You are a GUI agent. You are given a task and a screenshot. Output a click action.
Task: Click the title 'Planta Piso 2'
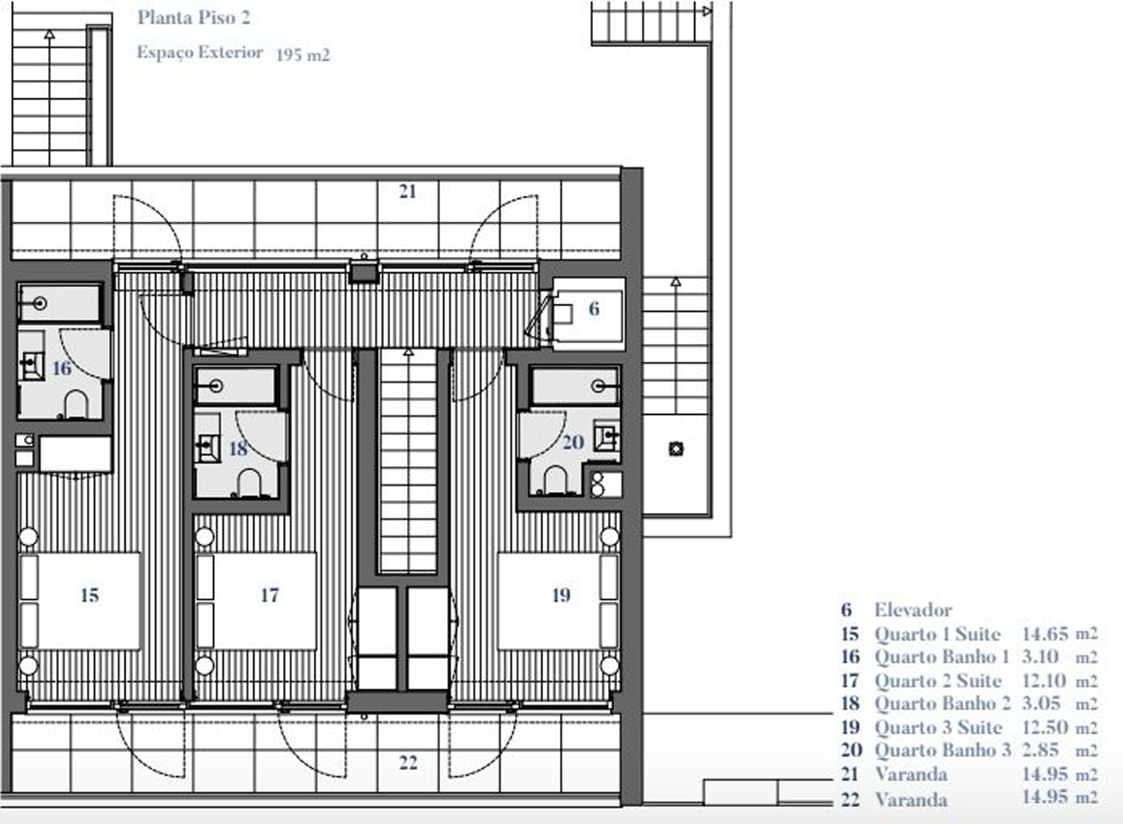[x=194, y=18]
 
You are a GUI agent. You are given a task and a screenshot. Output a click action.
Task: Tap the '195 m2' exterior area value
[x=303, y=54]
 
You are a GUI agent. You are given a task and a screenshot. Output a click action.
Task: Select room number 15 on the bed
[x=90, y=596]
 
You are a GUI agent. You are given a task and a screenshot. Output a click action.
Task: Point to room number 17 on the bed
[x=270, y=596]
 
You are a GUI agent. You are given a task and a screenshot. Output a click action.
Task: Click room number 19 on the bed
[x=561, y=596]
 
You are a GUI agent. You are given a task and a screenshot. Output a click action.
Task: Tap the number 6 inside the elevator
[x=594, y=309]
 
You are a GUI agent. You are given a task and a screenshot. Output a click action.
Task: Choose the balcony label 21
[x=407, y=192]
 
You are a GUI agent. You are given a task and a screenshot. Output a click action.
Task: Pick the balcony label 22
[x=408, y=763]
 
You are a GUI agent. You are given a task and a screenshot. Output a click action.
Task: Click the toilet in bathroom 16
[x=76, y=405]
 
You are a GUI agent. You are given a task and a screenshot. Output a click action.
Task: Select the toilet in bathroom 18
[x=249, y=483]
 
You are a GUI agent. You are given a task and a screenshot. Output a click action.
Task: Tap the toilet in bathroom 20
[x=556, y=480]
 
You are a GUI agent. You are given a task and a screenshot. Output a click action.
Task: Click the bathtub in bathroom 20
[x=575, y=386]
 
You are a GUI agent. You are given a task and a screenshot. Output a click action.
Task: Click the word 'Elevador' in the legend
[x=913, y=611]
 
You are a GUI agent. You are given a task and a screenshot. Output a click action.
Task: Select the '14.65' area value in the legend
[x=1045, y=634]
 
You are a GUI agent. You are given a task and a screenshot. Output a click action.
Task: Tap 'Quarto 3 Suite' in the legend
[x=938, y=727]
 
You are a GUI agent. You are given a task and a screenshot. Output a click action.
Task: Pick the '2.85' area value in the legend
[x=1041, y=751]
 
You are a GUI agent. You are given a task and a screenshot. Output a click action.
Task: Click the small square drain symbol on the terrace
[x=676, y=449]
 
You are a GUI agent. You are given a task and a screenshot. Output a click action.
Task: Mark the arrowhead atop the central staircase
[x=409, y=352]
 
